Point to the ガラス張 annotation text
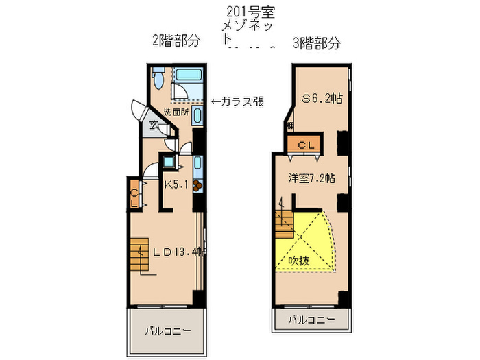pos(237,101)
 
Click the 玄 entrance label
pos(154,125)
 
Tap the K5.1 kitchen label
pos(177,183)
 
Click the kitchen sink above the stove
pos(197,165)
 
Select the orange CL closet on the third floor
pos(302,145)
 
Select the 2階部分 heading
pos(176,41)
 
